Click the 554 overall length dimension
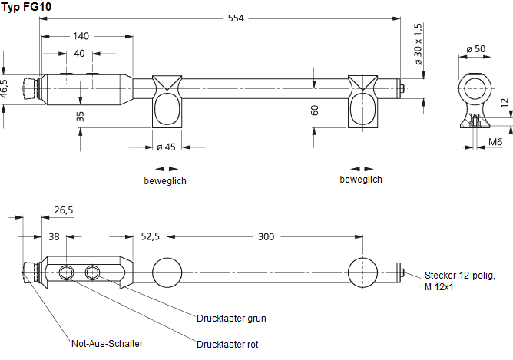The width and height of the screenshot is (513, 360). coord(235,18)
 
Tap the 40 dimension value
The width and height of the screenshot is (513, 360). coord(80,54)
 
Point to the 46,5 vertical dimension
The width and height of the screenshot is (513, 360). coord(5,88)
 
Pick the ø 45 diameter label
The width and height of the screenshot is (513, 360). coord(166,147)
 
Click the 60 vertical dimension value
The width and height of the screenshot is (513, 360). coord(314,111)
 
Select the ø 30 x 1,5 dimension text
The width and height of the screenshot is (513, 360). coord(419,43)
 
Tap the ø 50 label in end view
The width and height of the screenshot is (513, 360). coord(475,50)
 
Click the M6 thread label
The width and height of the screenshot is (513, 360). coord(496,143)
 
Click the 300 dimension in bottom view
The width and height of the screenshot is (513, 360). coord(266,236)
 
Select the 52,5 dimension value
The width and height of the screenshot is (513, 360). coord(150,236)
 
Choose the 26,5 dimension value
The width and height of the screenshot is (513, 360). coord(64,210)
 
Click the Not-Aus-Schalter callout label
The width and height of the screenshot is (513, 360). coord(107,344)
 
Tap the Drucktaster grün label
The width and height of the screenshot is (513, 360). coord(231,318)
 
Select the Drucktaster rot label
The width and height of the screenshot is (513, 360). coord(227,345)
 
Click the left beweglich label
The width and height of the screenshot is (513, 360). coord(164,181)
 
